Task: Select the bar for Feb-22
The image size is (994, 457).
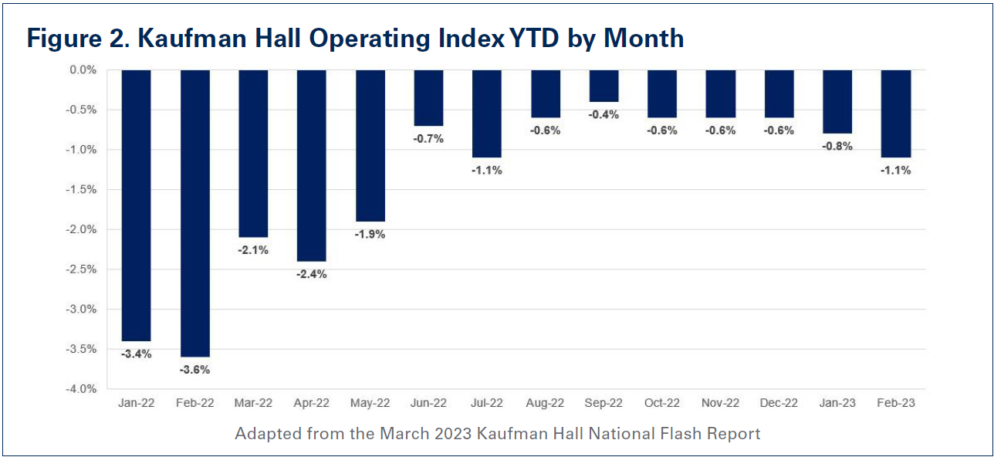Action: pos(194,212)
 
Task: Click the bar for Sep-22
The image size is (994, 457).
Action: pos(603,86)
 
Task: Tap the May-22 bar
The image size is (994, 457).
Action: pos(370,145)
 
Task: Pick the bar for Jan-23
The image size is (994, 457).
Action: pos(837,101)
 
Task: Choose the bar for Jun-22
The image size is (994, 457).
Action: pos(428,97)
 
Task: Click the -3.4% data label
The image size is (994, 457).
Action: pos(136,354)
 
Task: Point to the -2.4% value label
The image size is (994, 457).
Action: pos(311,274)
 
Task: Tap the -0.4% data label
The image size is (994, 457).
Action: pos(603,114)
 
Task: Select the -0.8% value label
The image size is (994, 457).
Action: pos(837,146)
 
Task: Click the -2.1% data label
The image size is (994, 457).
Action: pos(252,249)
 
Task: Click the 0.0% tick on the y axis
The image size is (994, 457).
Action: pos(81,69)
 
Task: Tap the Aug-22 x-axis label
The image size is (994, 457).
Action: pos(545,403)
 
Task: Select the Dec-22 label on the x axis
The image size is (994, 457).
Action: pos(779,403)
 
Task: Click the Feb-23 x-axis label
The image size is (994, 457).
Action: pos(896,403)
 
